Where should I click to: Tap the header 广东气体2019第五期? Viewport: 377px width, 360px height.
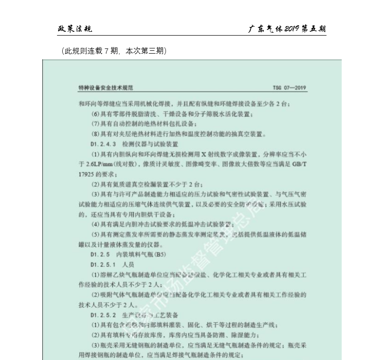[x=287, y=29]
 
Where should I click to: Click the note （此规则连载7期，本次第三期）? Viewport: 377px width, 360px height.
[x=114, y=50]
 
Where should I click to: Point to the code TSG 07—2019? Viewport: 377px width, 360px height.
[x=290, y=88]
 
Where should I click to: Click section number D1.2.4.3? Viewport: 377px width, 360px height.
[x=103, y=143]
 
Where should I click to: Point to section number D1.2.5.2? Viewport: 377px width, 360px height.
[x=103, y=314]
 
